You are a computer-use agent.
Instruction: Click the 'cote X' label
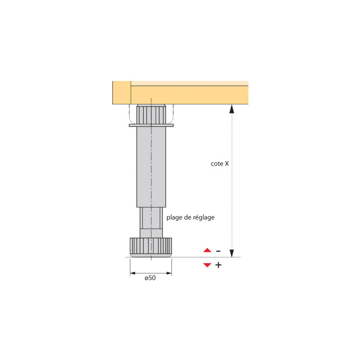pos(220,164)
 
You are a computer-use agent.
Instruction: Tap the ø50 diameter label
pos(150,278)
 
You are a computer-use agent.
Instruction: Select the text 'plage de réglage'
pos(190,217)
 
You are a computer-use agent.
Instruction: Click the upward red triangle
pos(207,250)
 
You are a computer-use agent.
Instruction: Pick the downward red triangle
pos(207,265)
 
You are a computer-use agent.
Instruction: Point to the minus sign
pos(218,251)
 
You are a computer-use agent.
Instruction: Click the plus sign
pos(218,265)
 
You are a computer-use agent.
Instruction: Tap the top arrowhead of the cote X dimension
pos(232,109)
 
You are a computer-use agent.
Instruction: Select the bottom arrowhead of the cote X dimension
pos(232,253)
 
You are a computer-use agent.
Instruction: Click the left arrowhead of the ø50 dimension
pos(133,273)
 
